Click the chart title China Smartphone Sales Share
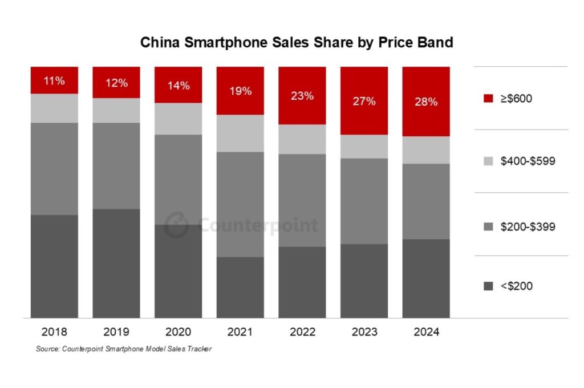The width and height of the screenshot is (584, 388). (x=297, y=43)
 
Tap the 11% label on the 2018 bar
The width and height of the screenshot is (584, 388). (x=54, y=80)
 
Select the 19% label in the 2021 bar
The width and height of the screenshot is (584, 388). (x=240, y=91)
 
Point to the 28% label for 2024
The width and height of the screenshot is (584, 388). (x=426, y=102)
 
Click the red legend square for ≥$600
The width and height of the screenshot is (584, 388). (x=488, y=98)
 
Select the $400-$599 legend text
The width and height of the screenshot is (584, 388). (x=528, y=161)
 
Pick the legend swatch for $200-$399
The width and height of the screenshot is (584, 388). (x=488, y=227)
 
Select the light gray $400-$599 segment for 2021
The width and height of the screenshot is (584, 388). (x=240, y=134)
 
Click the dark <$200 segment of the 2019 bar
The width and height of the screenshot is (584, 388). (x=116, y=264)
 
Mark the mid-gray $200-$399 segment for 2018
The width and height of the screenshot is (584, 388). (x=54, y=169)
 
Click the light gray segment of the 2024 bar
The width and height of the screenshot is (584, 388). (x=426, y=150)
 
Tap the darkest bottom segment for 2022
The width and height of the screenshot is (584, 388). (x=302, y=282)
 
